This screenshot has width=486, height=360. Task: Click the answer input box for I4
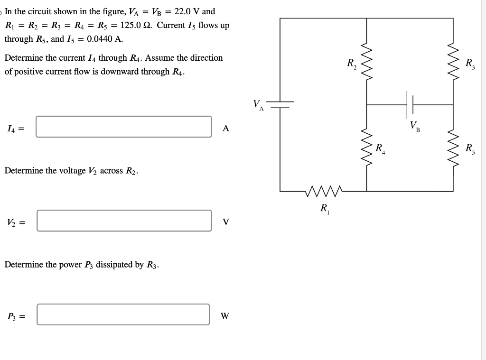point(123,127)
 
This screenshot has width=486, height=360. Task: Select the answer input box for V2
point(124,221)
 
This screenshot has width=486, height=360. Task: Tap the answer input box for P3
point(123,314)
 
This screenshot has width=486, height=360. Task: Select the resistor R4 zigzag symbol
point(366,146)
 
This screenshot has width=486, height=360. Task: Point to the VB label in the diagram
point(414,126)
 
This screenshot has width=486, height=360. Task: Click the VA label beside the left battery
point(258,104)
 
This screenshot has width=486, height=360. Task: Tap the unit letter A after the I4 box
point(225,128)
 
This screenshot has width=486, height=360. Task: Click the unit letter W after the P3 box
point(225,316)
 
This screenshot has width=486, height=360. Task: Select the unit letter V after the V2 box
point(225,222)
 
